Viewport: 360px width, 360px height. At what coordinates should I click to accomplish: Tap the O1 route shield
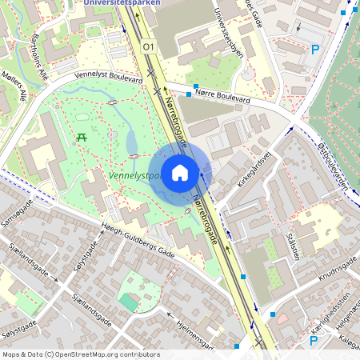pos(148,48)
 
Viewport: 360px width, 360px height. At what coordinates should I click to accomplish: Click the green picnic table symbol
pos(82,137)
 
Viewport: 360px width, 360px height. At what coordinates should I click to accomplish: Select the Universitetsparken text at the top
pos(121,3)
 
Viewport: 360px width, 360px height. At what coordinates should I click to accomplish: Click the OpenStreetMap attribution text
pos(81,354)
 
